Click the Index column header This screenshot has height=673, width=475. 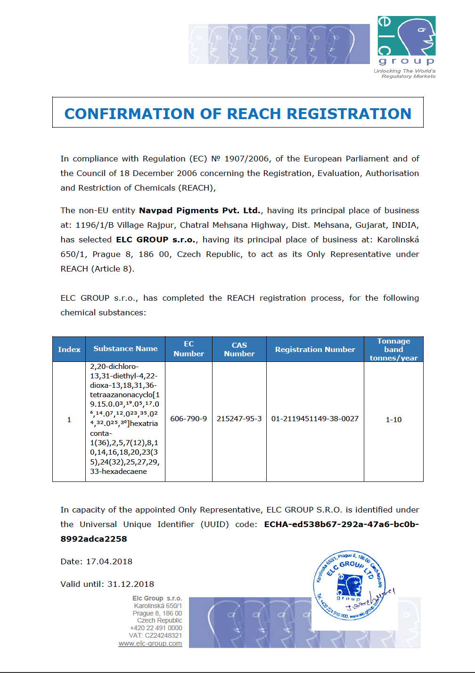[69, 349]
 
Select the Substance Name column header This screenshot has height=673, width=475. [125, 349]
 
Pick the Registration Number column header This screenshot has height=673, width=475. [315, 349]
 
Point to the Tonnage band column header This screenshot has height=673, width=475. [393, 349]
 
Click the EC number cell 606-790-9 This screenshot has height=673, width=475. [188, 419]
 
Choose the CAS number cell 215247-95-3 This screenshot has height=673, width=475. [239, 419]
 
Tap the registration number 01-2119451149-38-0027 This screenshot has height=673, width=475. [315, 419]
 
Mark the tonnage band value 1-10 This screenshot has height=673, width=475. [393, 419]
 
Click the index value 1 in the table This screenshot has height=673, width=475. [69, 419]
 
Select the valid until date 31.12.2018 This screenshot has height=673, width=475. [131, 584]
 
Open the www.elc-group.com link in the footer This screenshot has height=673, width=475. [150, 643]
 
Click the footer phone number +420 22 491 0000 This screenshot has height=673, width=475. [156, 628]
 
